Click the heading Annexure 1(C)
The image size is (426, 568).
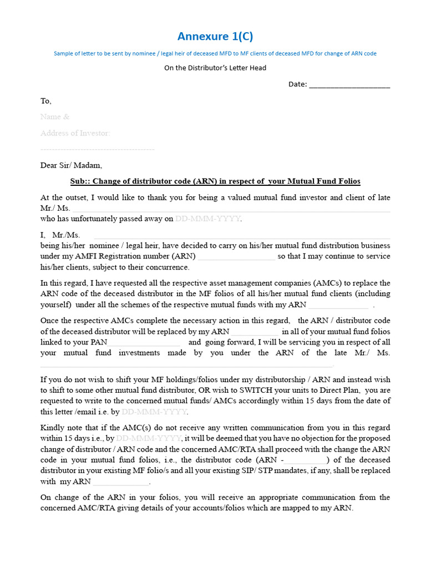(215, 37)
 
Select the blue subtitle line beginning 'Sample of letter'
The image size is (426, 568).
(215, 54)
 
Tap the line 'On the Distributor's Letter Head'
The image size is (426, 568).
(215, 68)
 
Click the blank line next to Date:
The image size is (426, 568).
(349, 85)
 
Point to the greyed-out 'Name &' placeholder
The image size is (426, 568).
(55, 117)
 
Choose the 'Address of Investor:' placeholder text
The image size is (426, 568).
(75, 133)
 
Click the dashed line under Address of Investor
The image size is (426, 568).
(97, 149)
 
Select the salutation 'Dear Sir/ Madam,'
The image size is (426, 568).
(71, 165)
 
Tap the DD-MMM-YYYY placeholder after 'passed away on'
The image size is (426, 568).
(208, 219)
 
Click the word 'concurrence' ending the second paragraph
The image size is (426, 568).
(167, 267)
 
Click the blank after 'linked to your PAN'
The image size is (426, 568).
(144, 342)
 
